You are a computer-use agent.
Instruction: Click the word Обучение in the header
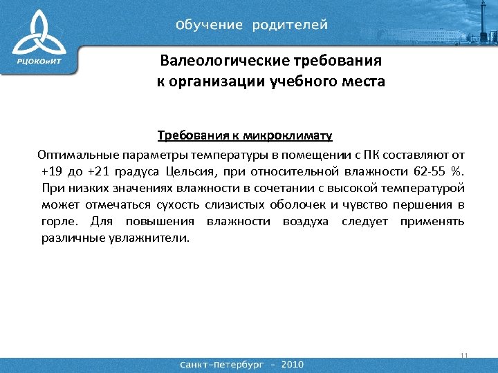click(210, 26)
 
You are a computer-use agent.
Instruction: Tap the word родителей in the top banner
click(290, 26)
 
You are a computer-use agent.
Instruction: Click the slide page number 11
click(463, 356)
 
